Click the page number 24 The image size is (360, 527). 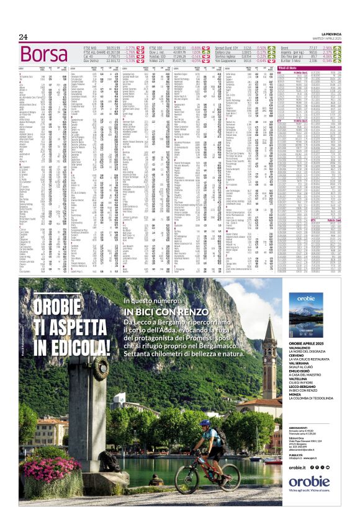(x=24, y=37)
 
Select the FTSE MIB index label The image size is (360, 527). (x=91, y=47)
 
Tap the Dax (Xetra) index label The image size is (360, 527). (x=94, y=61)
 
